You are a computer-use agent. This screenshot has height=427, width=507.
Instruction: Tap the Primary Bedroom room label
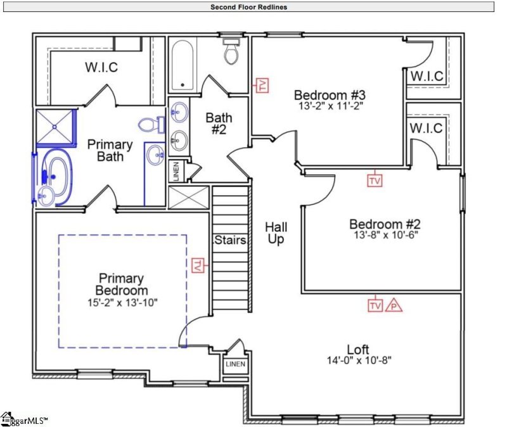point(121,284)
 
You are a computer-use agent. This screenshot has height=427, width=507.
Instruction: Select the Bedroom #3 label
point(330,95)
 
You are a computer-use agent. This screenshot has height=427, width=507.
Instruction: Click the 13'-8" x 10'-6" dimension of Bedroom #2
point(384,234)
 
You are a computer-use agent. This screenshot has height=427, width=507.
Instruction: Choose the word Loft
point(358,349)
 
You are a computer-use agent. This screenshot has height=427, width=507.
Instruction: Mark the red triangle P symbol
point(394,305)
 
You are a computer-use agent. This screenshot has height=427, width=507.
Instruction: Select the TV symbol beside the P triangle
point(375,305)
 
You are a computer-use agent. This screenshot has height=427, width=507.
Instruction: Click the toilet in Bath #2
point(231,51)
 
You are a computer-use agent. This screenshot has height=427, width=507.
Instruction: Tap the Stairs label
point(226,240)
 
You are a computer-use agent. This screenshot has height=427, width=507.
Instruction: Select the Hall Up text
point(276,233)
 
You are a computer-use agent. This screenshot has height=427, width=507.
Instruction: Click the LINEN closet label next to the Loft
point(235,365)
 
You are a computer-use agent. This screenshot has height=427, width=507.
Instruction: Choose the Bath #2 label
point(219,123)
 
